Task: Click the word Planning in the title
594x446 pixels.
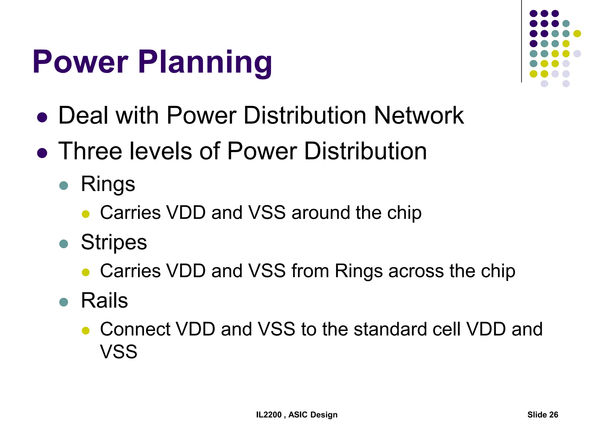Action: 205,62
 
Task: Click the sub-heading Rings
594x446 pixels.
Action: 108,184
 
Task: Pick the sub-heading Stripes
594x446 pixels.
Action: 114,242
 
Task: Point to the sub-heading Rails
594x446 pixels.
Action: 104,300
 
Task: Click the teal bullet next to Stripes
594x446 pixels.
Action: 64,244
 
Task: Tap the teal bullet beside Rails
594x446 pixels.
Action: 64,302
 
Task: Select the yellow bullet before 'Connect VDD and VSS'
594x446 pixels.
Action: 86,330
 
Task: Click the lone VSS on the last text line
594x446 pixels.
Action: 119,352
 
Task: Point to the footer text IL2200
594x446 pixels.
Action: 269,415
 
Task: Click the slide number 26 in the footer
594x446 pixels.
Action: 553,415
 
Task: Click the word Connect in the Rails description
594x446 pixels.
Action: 135,329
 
